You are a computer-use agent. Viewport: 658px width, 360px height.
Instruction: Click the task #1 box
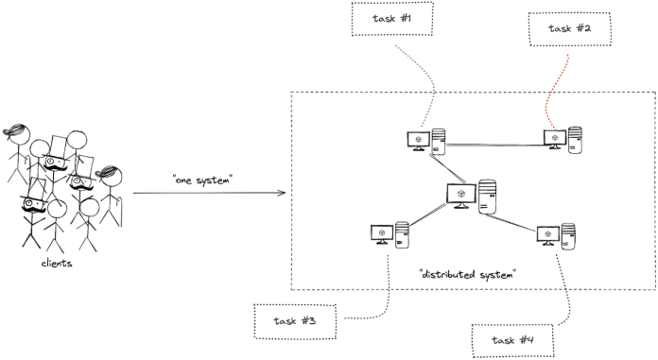pyautogui.click(x=392, y=19)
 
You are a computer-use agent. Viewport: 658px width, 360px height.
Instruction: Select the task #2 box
pyautogui.click(x=569, y=28)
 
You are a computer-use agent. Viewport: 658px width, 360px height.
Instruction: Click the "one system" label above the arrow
pyautogui.click(x=202, y=180)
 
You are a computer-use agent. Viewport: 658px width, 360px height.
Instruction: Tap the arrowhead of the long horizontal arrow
pyautogui.click(x=282, y=195)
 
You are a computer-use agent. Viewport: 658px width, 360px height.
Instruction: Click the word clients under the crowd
pyautogui.click(x=57, y=264)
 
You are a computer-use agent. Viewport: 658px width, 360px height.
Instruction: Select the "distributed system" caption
pyautogui.click(x=469, y=274)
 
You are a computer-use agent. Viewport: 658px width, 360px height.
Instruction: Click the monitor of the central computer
pyautogui.click(x=459, y=195)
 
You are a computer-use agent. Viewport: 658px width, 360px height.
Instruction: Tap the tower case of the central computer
pyautogui.click(x=487, y=196)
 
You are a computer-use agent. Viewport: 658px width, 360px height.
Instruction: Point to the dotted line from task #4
pyautogui.click(x=563, y=288)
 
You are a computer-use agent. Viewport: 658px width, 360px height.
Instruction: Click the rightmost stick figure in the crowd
pyautogui.click(x=112, y=194)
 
